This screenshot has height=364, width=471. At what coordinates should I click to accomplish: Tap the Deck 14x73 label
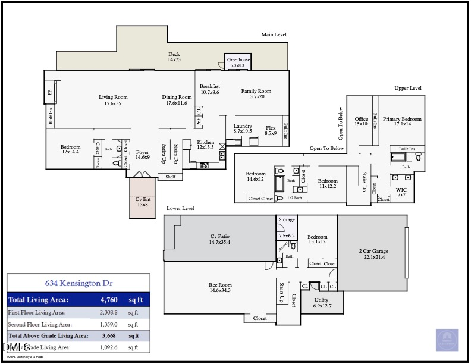[174, 57]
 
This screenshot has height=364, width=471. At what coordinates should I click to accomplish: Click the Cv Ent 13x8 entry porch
[142, 202]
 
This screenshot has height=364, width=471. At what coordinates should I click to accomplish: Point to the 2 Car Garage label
[372, 253]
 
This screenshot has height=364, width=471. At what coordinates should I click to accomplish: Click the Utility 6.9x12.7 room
[321, 303]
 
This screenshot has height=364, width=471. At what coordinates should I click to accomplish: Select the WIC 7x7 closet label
[401, 192]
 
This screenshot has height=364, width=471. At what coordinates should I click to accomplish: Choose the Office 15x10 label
[361, 121]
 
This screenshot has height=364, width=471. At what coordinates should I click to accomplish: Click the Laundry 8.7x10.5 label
[243, 128]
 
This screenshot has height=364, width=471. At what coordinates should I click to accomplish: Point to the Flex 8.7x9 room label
[271, 130]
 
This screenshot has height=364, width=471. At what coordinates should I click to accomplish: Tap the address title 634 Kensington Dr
[78, 284]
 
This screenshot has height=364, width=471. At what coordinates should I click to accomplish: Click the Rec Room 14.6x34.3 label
[220, 287]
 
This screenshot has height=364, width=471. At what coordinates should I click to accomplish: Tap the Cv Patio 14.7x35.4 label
[220, 239]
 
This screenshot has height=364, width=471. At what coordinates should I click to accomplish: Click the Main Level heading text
[274, 34]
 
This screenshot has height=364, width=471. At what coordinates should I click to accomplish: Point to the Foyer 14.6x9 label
[142, 155]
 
